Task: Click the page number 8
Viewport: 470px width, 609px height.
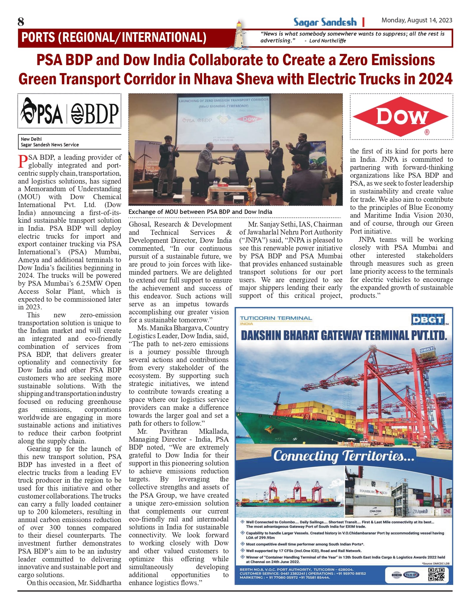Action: pos(21,22)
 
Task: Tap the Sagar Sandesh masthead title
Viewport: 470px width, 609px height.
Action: pos(325,22)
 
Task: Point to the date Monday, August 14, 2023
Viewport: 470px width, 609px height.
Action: pos(417,20)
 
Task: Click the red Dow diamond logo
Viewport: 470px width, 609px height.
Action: pos(401,117)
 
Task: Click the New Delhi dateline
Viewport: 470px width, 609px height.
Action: pos(32,139)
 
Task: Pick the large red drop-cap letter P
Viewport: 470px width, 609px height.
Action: pos(23,162)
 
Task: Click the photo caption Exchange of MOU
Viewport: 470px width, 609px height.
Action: pos(200,212)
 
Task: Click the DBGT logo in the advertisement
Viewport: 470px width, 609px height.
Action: pos(428,320)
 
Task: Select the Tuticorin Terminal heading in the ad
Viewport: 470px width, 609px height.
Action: pos(276,318)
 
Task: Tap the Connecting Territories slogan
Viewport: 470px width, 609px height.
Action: pos(344,456)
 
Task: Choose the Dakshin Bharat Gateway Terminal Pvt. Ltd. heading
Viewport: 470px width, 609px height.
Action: pos(344,335)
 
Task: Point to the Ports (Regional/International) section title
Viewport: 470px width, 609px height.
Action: pos(114,38)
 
